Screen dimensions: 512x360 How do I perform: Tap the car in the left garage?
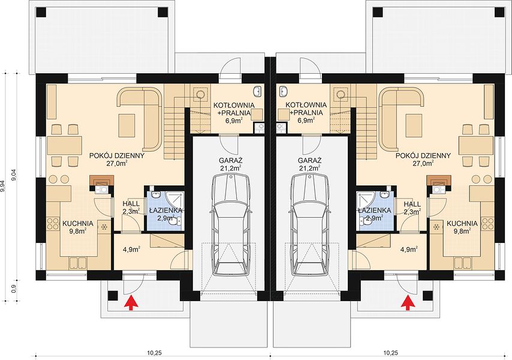tap(231, 225)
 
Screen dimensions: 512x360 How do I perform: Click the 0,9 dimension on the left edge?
tap(14, 289)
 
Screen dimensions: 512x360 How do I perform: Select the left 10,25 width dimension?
tap(155, 352)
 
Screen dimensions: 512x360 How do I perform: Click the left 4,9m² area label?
tap(131, 250)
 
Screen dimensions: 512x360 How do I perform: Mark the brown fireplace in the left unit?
tap(102, 181)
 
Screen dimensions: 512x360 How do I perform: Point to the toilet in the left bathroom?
tap(176, 221)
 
